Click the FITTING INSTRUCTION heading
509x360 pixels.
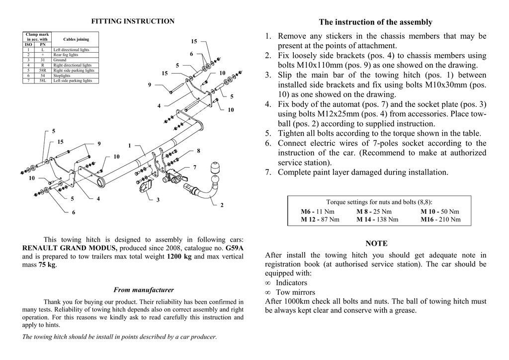click(x=133, y=21)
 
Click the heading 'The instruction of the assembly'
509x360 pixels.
click(x=375, y=22)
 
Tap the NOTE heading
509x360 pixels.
click(x=376, y=244)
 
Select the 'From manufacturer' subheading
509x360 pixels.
click(x=144, y=289)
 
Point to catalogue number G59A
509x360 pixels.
click(x=235, y=248)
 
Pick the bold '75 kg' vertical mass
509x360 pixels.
click(x=47, y=265)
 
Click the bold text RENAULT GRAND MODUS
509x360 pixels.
click(x=70, y=248)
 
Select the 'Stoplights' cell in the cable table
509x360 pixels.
click(x=62, y=75)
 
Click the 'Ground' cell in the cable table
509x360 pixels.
click(x=60, y=60)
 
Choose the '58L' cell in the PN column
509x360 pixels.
click(x=43, y=80)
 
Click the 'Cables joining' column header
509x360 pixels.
click(x=76, y=39)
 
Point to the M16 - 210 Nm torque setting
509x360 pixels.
click(x=440, y=219)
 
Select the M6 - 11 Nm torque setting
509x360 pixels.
click(x=318, y=211)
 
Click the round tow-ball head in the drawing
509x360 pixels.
click(x=217, y=167)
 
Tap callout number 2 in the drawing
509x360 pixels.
click(x=222, y=205)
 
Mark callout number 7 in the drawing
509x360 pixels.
click(x=195, y=167)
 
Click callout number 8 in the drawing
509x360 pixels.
click(x=198, y=150)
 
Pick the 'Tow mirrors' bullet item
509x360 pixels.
click(x=295, y=292)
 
